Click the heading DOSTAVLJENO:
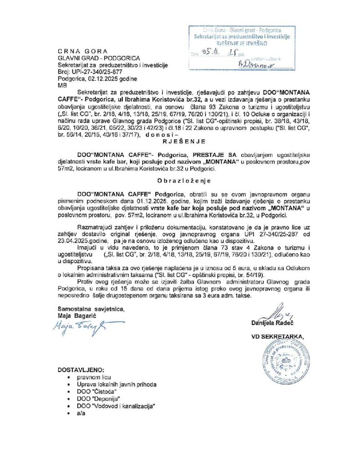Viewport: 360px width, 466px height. click(x=81, y=369)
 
